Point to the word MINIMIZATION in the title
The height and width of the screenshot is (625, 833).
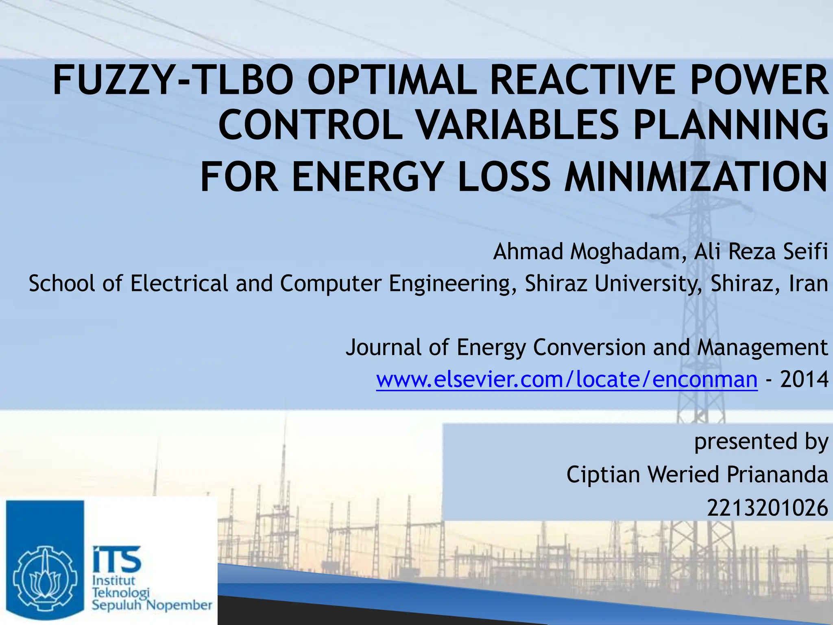pyautogui.click(x=696, y=177)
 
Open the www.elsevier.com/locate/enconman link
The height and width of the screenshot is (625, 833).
pyautogui.click(x=567, y=380)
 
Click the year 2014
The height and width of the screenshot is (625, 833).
pyautogui.click(x=804, y=380)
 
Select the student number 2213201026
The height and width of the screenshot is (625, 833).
pyautogui.click(x=767, y=508)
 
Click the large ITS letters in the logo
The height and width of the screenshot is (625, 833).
pyautogui.click(x=117, y=559)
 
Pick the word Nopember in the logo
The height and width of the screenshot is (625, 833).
pyautogui.click(x=179, y=605)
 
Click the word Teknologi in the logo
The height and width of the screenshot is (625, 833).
pyautogui.click(x=121, y=593)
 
